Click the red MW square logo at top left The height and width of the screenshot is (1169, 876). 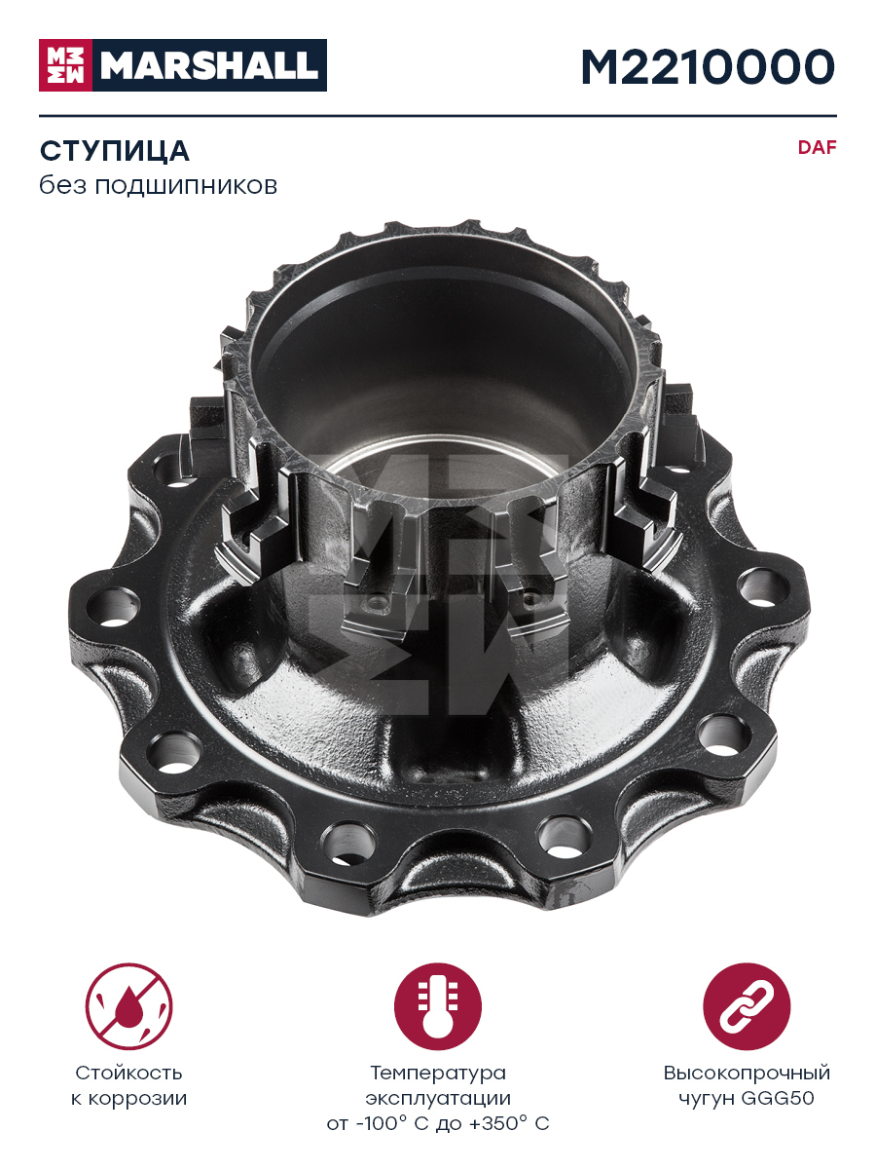(65, 65)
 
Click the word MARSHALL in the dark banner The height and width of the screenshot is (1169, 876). (209, 65)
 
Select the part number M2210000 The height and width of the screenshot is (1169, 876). (708, 67)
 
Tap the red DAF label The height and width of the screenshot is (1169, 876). (817, 147)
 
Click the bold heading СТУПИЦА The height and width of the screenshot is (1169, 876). (114, 151)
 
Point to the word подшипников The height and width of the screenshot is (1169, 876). (186, 186)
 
